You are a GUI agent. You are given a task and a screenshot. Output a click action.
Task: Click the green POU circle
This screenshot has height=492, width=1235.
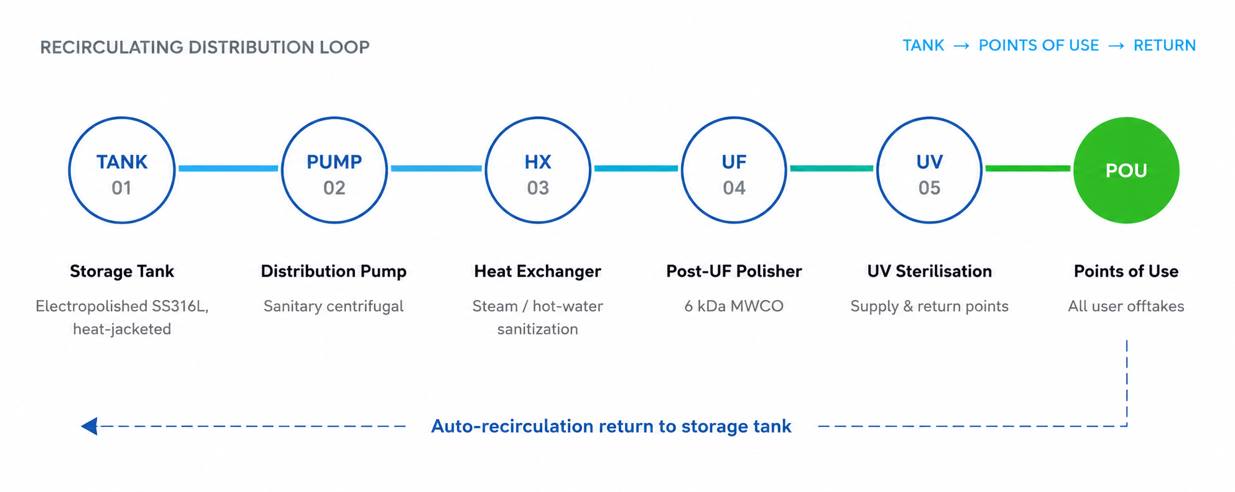point(1126,170)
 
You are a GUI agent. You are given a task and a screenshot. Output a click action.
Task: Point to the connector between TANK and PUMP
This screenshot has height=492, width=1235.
point(228,168)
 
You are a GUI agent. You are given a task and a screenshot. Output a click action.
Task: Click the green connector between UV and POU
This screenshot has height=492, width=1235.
point(1028,168)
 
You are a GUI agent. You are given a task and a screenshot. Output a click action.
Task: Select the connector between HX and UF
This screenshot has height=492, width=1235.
point(636,168)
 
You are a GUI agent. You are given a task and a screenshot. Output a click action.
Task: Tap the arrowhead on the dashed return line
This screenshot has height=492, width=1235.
point(90,426)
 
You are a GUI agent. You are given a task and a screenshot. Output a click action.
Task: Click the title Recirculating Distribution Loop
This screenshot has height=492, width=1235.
point(205,47)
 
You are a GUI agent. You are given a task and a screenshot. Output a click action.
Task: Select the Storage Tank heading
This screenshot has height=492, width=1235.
point(122,271)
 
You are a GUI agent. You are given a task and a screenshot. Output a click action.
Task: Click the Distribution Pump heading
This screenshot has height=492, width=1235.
point(333,271)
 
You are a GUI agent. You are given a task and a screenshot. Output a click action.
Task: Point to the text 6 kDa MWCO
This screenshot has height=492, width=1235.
point(734,306)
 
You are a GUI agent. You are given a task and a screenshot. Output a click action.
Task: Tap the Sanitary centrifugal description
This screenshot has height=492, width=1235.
point(333,306)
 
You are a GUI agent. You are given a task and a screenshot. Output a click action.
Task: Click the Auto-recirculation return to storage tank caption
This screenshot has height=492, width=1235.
point(611,426)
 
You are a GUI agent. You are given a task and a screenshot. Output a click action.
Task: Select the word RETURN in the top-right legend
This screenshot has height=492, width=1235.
point(1165,45)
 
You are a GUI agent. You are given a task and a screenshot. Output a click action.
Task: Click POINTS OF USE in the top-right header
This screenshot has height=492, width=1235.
point(1038,45)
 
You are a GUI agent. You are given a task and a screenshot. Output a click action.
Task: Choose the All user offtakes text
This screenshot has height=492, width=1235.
point(1126,306)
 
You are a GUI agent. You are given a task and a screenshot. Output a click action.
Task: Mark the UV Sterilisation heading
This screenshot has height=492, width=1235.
point(930,271)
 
